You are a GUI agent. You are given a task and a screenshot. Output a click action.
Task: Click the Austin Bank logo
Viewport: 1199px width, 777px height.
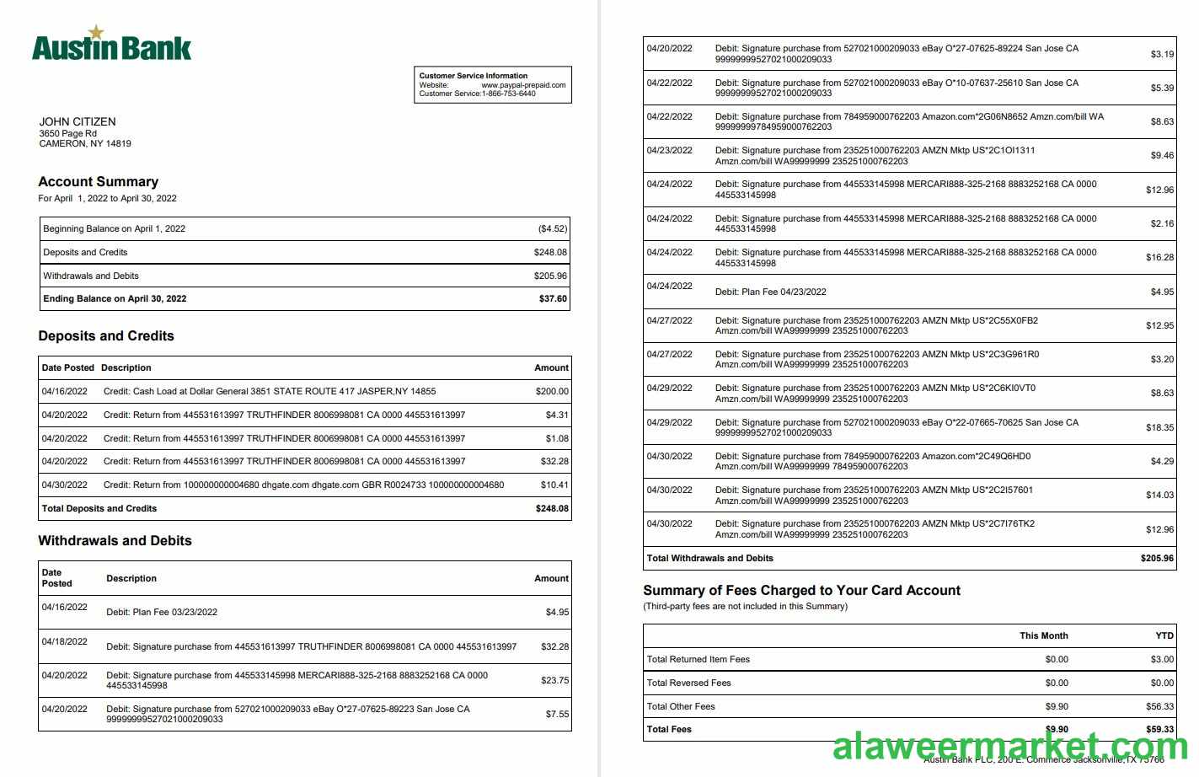pos(111,44)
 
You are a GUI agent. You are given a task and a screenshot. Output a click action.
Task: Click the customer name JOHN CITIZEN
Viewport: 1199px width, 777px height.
pos(78,121)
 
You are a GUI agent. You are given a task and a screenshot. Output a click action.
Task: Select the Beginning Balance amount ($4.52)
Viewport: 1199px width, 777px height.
pos(553,228)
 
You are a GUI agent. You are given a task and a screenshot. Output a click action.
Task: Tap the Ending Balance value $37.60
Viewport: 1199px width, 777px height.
pos(553,298)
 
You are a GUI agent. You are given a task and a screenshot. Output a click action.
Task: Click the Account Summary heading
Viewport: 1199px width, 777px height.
pos(98,181)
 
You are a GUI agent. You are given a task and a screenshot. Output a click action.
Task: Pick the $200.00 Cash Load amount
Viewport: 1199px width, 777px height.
pos(552,391)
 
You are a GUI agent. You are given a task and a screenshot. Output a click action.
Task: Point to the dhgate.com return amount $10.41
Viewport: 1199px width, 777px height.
pos(554,485)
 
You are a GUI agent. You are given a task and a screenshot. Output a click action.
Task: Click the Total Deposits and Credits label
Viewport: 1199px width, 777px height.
pos(99,508)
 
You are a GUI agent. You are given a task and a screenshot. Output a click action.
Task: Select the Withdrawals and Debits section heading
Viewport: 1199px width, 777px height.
pos(115,540)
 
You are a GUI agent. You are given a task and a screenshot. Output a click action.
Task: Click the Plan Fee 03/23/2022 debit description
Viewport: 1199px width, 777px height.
pos(162,612)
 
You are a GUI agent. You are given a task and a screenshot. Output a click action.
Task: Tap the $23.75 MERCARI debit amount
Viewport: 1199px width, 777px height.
pos(554,680)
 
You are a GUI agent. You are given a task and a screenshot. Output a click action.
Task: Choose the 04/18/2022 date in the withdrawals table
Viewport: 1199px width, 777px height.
pos(65,641)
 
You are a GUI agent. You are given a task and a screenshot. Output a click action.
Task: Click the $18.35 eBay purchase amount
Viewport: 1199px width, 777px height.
pos(1159,427)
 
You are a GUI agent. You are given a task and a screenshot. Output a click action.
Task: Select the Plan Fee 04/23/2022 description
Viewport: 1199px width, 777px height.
pos(770,292)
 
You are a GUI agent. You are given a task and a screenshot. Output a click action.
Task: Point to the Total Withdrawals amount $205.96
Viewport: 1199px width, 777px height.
pos(1157,558)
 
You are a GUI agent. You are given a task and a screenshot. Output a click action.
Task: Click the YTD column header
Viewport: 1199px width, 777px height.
pos(1164,635)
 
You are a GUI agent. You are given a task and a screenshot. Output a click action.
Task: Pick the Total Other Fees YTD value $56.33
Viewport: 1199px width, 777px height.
pos(1159,706)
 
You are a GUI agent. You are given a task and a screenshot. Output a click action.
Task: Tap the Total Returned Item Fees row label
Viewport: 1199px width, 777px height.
pos(698,659)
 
